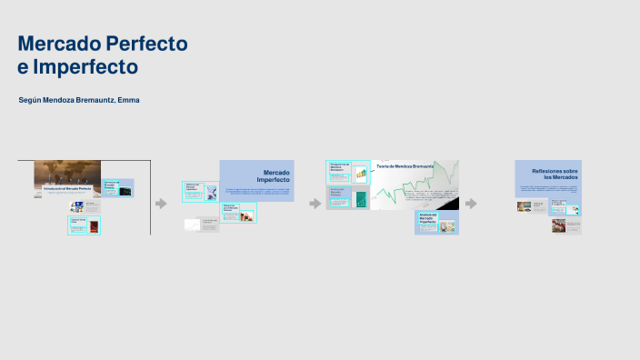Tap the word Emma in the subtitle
tap(129, 98)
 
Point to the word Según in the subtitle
tap(30, 98)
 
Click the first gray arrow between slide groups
tap(161, 204)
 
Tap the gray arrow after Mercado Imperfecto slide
tap(315, 204)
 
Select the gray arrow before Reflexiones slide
tap(471, 204)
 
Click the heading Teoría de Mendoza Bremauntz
tap(405, 167)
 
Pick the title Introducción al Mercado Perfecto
tap(67, 188)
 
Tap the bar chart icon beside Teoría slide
tap(361, 172)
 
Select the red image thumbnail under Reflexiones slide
tap(558, 225)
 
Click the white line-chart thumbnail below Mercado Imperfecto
tap(192, 225)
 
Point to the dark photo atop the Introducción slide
tap(67, 172)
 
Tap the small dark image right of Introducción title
tap(125, 191)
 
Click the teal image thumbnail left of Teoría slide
tap(360, 199)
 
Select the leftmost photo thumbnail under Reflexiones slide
tap(525, 206)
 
